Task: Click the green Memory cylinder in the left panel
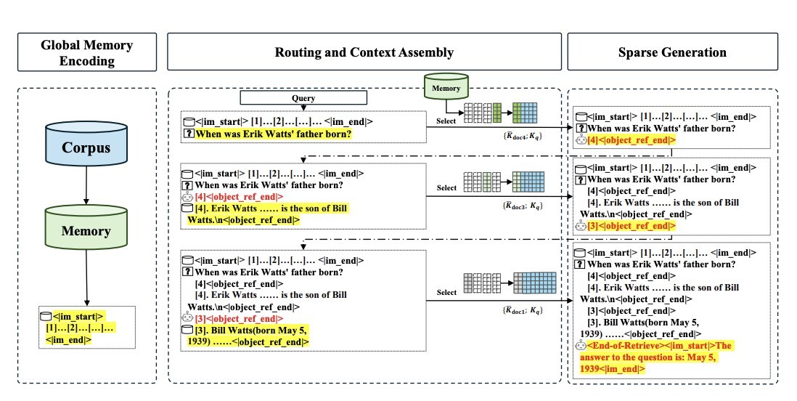tap(87, 230)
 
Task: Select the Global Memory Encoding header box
tap(87, 53)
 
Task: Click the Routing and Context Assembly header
tap(364, 52)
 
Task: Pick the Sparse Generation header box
tap(672, 52)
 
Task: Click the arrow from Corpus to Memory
tap(87, 189)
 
